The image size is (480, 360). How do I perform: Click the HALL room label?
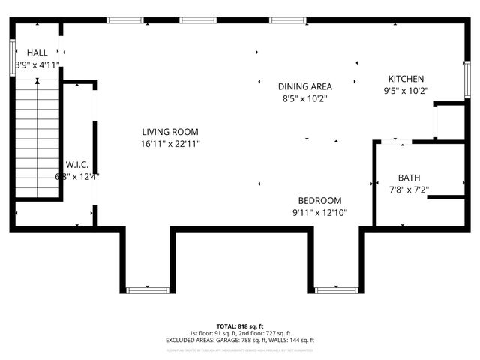point(37,53)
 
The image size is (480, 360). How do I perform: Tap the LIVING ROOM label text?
point(169,131)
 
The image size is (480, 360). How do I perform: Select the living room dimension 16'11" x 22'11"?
point(169,143)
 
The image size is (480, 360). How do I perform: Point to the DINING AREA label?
point(304,86)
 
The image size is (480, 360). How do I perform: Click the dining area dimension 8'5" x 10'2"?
point(304,98)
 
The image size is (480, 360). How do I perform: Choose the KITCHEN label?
point(406,79)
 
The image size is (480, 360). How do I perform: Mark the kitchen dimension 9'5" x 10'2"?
point(406,91)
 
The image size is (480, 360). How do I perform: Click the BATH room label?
point(409,178)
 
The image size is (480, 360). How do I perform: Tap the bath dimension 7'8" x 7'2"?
point(409,190)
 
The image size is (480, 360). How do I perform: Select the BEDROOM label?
point(319,200)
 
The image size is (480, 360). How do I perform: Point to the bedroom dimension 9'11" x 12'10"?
point(319,212)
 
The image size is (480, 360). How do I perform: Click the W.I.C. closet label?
point(78,164)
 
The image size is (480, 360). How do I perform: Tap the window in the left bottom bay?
point(148,289)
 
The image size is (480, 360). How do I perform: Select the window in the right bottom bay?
point(336,289)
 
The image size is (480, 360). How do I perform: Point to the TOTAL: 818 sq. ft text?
point(240,325)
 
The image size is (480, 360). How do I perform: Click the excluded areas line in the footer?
point(240,340)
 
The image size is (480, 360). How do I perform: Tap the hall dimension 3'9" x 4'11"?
point(37,65)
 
